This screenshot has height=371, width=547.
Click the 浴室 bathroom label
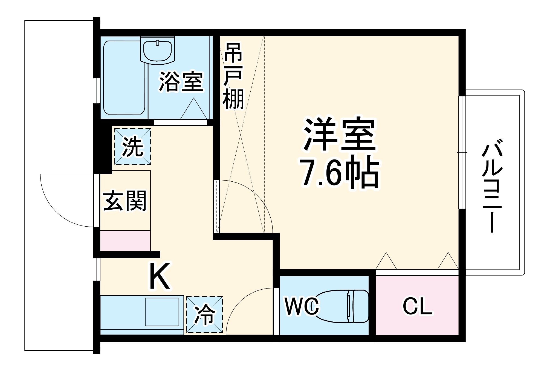(181, 81)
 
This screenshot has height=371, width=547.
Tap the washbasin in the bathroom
(157, 51)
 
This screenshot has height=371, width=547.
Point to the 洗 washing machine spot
(132, 147)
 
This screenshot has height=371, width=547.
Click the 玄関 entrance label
(125, 201)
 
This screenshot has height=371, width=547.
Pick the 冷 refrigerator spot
(204, 315)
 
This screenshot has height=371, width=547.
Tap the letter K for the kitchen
(160, 276)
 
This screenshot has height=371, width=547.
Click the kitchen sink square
(162, 312)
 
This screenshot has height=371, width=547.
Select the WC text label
(302, 306)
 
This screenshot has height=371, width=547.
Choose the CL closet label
(417, 306)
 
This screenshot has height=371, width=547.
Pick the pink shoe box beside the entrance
(125, 241)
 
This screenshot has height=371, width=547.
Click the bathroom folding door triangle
(194, 109)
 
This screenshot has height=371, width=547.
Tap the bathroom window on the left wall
(97, 91)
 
